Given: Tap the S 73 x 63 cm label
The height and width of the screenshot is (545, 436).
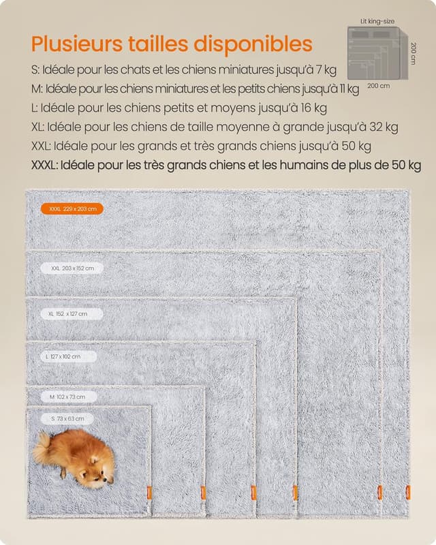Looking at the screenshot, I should point(67,418).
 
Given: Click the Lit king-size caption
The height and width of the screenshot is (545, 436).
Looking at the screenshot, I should point(377,21).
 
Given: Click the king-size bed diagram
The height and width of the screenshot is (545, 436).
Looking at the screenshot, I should point(376,53).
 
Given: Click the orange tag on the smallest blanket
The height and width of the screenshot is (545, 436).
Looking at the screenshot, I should point(149,492).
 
